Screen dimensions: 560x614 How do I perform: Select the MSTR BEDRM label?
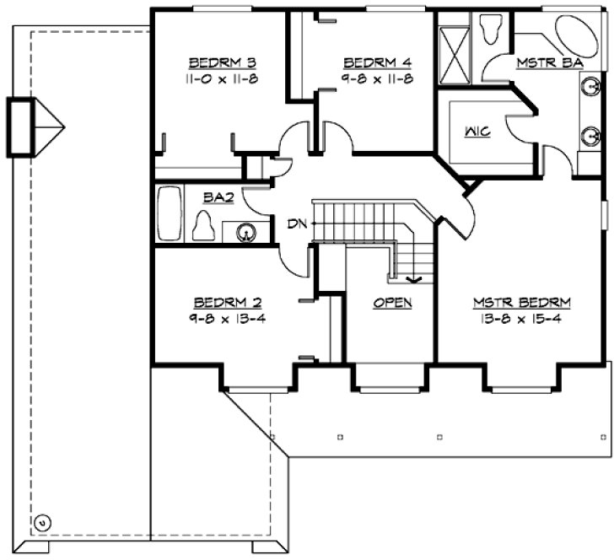(522, 302)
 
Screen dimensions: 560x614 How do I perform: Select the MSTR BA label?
(541, 62)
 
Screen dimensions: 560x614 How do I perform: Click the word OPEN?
(392, 302)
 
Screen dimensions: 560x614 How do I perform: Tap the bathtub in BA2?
(170, 216)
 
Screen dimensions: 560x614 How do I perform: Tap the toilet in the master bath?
(489, 29)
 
